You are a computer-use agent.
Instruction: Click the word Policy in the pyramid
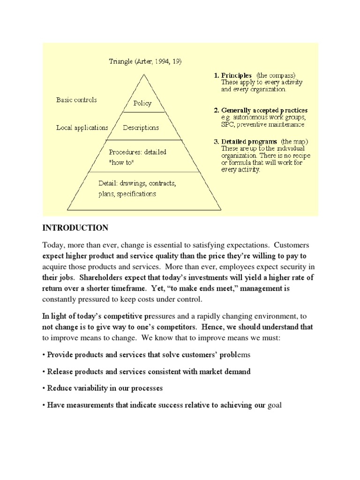tap(142, 103)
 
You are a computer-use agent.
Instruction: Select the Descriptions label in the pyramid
tap(141, 127)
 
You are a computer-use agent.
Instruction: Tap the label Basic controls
tap(76, 100)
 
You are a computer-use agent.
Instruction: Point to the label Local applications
tap(82, 127)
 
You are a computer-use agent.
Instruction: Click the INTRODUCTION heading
tap(75, 228)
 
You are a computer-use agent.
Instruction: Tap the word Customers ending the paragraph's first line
tap(292, 246)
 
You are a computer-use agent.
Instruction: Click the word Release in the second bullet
tap(60, 372)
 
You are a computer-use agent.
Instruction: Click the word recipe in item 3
tap(300, 155)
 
